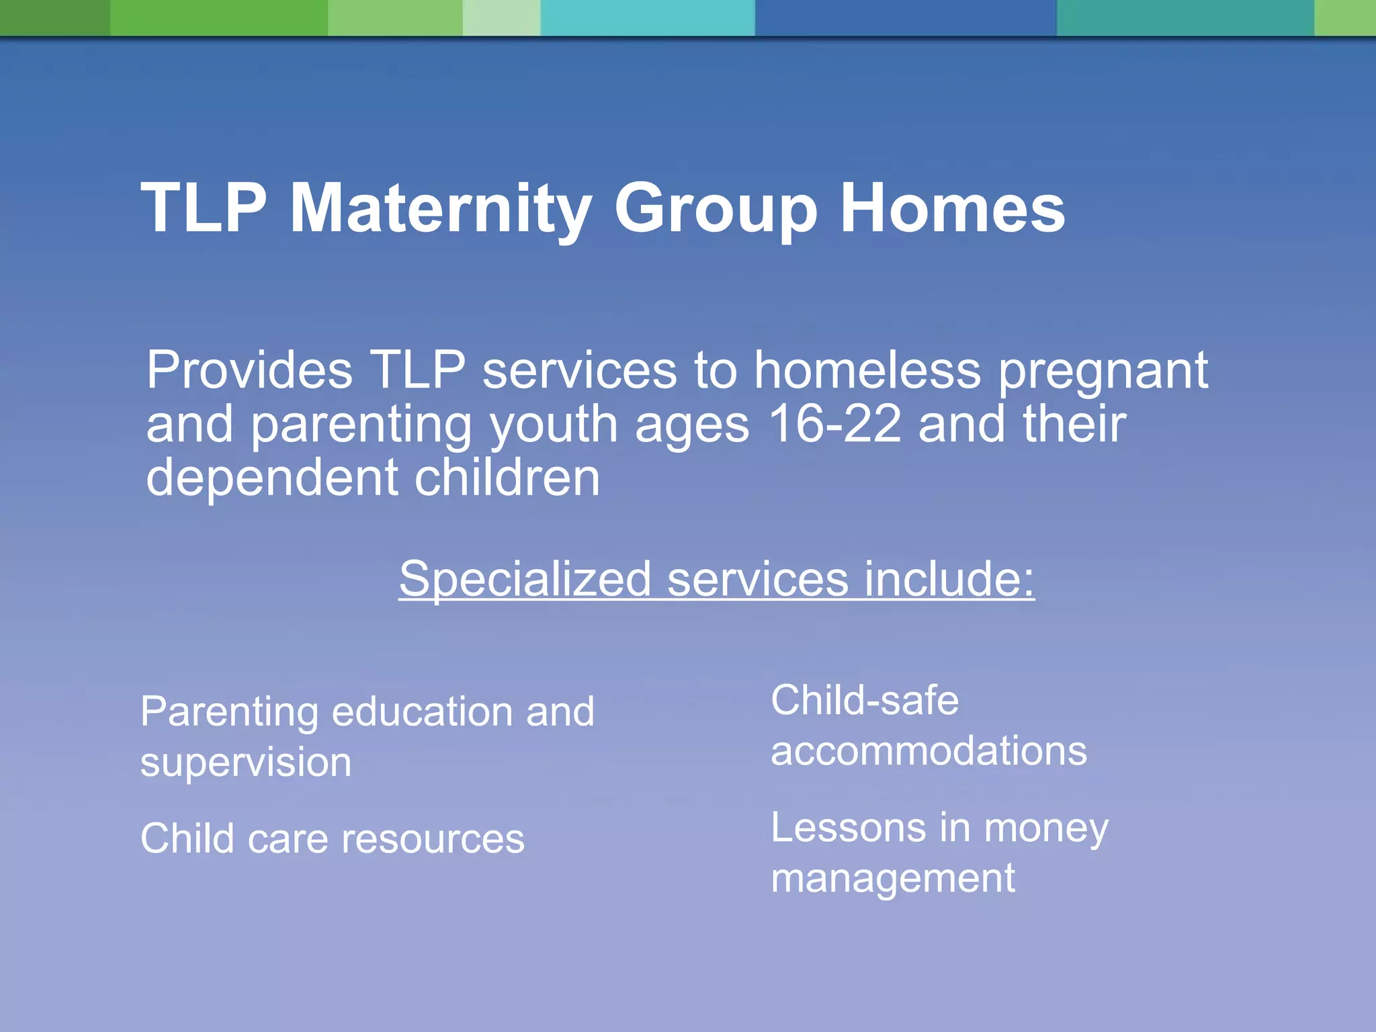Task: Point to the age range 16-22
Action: click(834, 425)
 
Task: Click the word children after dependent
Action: click(507, 478)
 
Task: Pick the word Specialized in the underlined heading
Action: click(525, 579)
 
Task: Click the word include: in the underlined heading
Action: click(949, 579)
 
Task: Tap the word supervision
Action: click(246, 763)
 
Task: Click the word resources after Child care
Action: click(433, 839)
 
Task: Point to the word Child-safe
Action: click(864, 701)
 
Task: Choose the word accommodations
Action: click(929, 751)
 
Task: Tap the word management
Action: click(892, 879)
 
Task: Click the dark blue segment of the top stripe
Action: click(906, 17)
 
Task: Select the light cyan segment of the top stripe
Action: click(647, 17)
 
